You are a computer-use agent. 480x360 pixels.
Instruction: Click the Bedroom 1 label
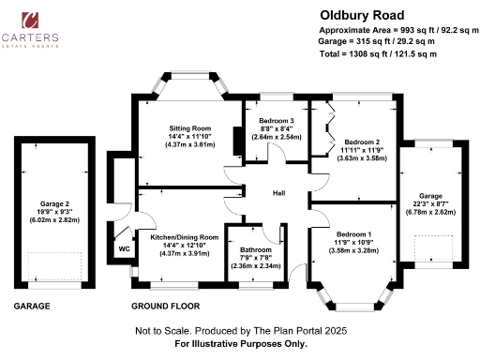point(354,233)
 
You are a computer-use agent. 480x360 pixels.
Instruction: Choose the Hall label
point(278,193)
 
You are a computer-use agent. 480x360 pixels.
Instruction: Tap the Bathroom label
point(255,250)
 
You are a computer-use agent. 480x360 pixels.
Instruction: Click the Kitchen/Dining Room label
point(184,238)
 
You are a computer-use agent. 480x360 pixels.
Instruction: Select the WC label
point(123,249)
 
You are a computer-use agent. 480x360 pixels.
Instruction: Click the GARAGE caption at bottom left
point(33,307)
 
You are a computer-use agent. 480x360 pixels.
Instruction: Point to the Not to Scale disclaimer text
point(241,331)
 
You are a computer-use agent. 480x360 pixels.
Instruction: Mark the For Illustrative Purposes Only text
point(241,343)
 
